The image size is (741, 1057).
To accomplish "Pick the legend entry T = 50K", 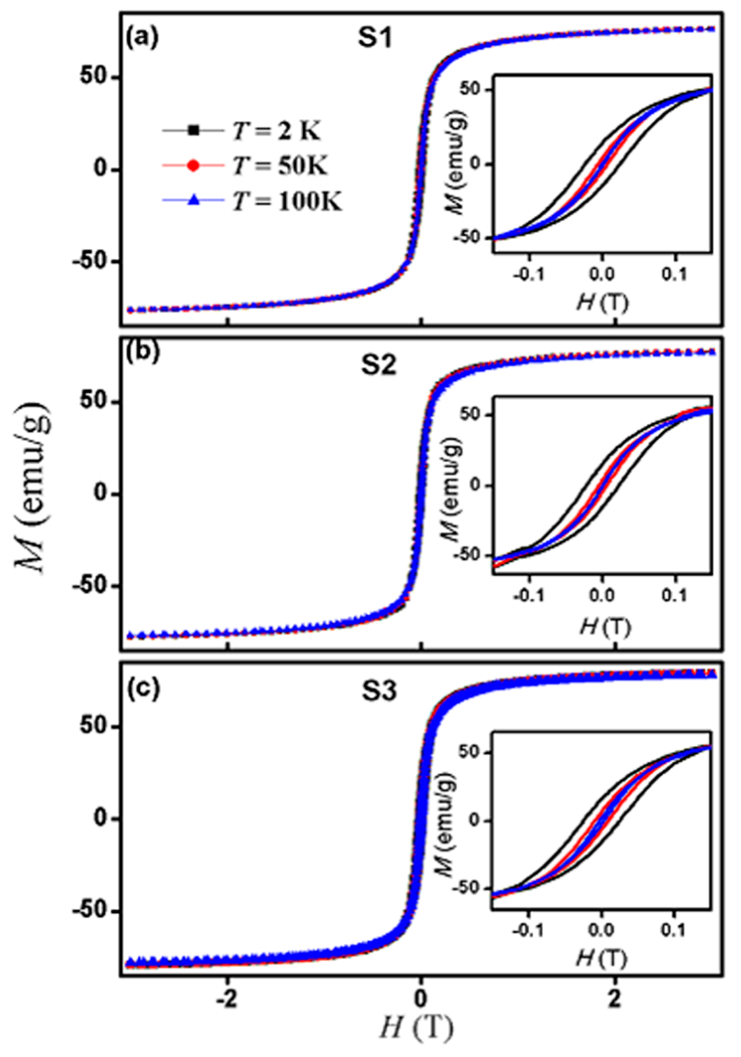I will click(x=280, y=165).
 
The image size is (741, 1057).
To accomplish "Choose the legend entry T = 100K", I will click(x=287, y=201).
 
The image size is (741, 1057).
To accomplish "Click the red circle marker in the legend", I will click(x=193, y=166).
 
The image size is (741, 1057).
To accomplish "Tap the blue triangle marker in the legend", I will click(x=193, y=201).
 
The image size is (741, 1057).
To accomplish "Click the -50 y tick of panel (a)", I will click(x=93, y=261).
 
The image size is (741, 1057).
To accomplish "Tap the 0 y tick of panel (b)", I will click(x=102, y=494).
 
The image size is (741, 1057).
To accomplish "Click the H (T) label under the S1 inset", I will click(x=602, y=302).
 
